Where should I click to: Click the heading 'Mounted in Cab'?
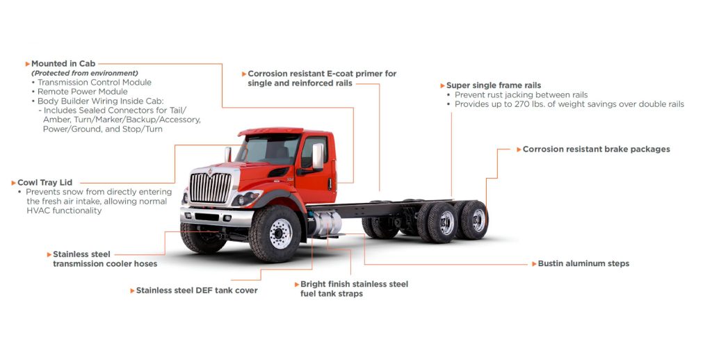[x=63, y=63]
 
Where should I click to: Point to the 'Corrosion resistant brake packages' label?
[x=596, y=149]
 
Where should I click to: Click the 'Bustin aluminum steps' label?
[x=583, y=264]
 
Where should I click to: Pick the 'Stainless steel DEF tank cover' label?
[x=197, y=291]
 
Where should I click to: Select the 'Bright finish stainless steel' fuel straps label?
[x=354, y=284]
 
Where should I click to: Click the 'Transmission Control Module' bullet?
[x=94, y=82]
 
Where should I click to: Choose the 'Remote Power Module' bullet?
[x=82, y=91]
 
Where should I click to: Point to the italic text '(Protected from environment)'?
[x=85, y=73]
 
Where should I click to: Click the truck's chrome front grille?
[x=210, y=188]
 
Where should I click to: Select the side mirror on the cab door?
[x=318, y=156]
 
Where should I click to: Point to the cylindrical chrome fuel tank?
[x=326, y=224]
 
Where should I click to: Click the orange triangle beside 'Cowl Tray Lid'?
[x=14, y=183]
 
